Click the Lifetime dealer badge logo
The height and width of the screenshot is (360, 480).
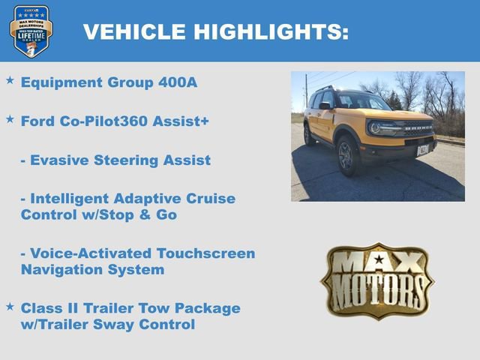(x=31, y=31)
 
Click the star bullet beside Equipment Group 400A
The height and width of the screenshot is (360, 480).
(x=10, y=79)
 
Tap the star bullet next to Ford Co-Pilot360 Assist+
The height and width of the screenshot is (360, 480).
(x=10, y=118)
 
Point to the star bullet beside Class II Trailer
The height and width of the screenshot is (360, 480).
(x=10, y=306)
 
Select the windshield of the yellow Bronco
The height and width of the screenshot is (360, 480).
(x=363, y=101)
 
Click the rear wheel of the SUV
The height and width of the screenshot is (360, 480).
(x=309, y=135)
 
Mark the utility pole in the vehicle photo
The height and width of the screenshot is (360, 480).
(x=306, y=91)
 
